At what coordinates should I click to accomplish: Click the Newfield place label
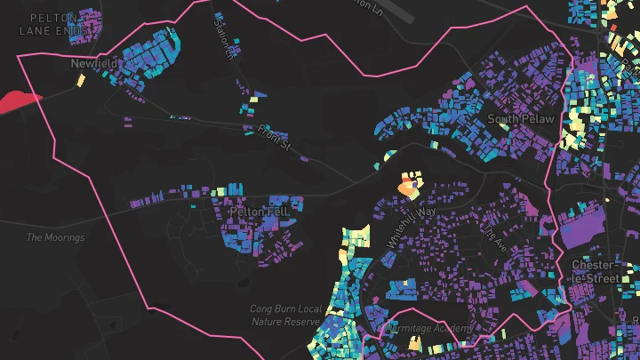tap(94, 64)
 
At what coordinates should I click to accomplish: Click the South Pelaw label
tap(521, 118)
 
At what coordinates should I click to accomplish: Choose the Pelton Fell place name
tap(257, 212)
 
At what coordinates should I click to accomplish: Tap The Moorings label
tap(55, 237)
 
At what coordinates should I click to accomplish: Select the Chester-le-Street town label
tap(593, 272)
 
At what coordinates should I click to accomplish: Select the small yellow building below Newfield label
tap(81, 80)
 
